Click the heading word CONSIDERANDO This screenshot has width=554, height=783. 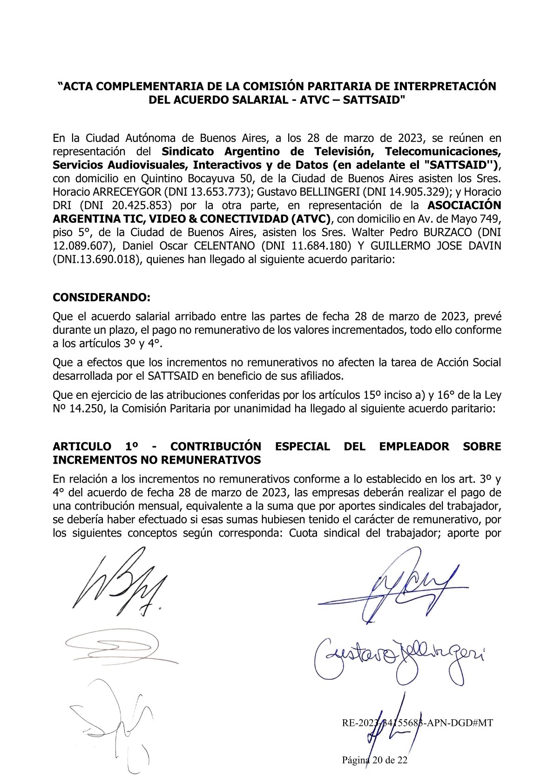pyautogui.click(x=101, y=297)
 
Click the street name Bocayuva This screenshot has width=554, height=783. pyautogui.click(x=217, y=178)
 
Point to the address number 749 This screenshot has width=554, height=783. pyautogui.click(x=492, y=219)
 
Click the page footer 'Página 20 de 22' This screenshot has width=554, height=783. pyautogui.click(x=375, y=760)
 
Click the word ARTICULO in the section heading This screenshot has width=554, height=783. pyautogui.click(x=81, y=446)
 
